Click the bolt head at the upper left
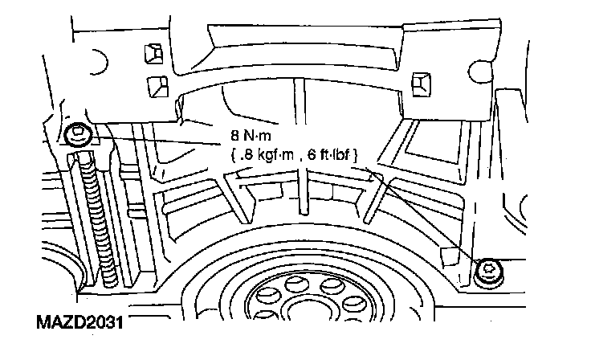(x=78, y=134)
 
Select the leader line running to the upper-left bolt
(x=153, y=141)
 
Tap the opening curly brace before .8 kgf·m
(x=226, y=153)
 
